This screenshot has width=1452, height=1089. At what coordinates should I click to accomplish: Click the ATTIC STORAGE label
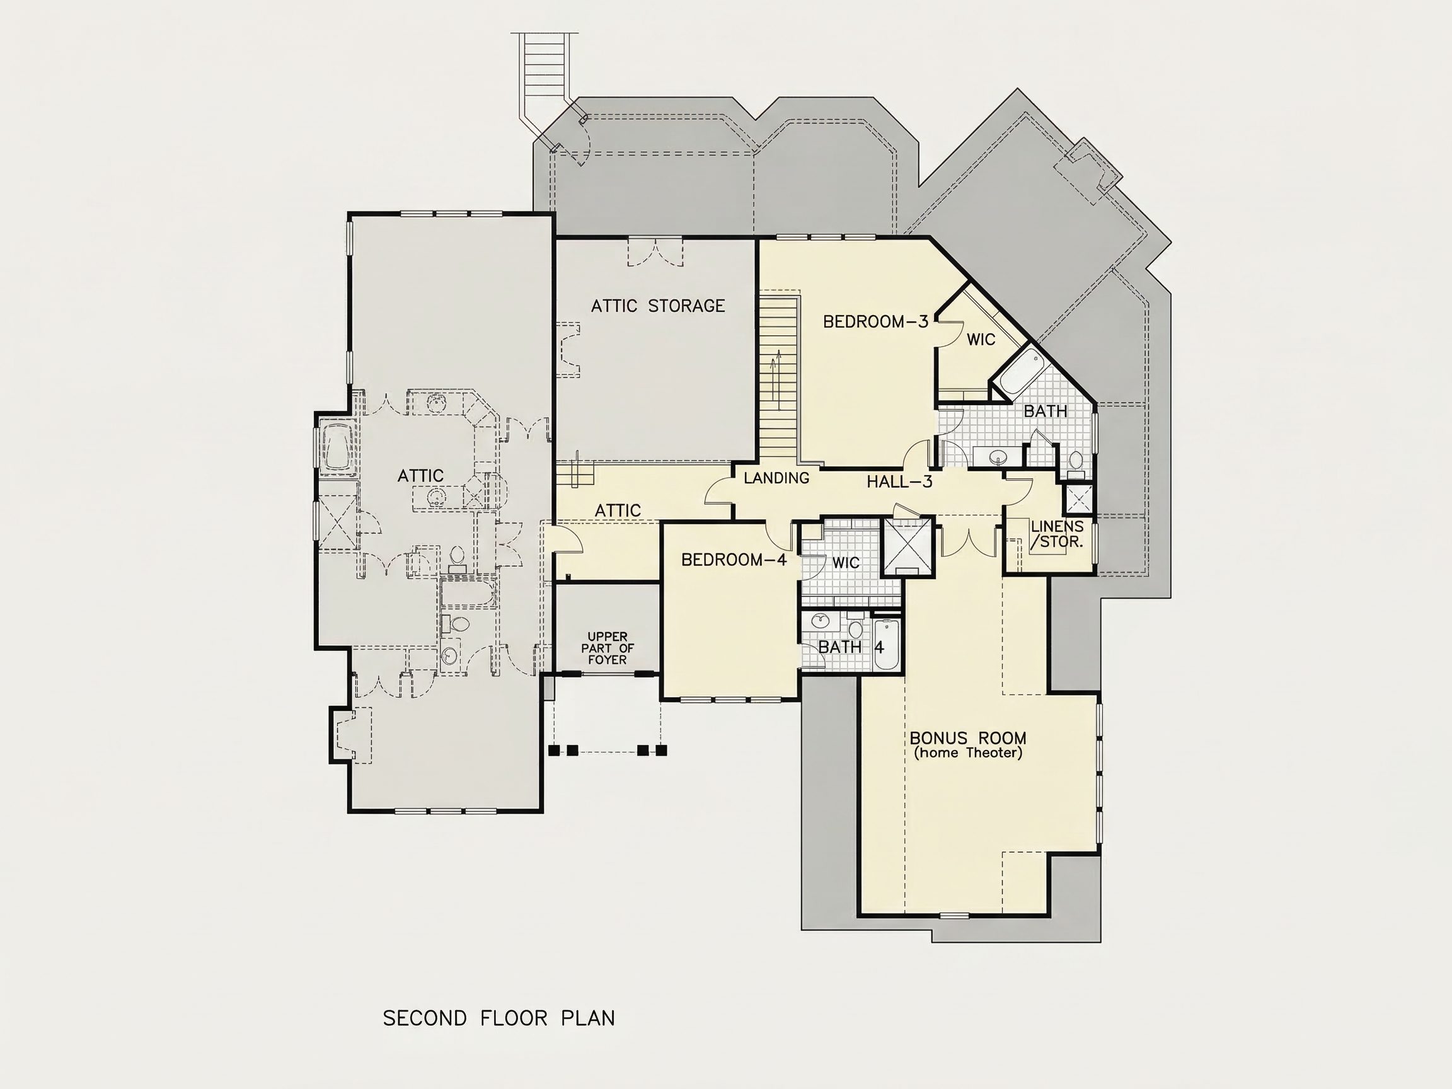(x=658, y=306)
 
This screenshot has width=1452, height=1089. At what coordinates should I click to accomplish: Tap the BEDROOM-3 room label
(x=875, y=321)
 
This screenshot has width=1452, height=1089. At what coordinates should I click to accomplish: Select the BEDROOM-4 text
(x=734, y=560)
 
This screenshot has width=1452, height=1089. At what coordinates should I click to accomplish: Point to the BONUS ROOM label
(x=968, y=738)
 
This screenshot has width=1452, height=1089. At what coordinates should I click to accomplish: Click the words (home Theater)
(x=968, y=753)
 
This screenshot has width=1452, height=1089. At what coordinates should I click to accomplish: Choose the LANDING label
(x=776, y=478)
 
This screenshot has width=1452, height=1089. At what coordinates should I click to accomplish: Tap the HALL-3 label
(x=899, y=482)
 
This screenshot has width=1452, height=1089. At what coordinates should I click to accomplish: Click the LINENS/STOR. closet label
(x=1057, y=534)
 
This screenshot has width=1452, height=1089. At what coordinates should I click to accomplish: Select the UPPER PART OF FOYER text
(x=607, y=648)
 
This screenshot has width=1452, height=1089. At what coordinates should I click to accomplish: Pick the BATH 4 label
(x=851, y=647)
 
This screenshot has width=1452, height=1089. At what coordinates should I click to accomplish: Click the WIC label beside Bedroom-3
(x=981, y=340)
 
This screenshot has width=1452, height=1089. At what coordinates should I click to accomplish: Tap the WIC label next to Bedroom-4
(x=846, y=563)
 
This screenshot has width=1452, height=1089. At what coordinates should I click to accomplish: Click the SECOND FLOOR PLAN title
(x=499, y=1018)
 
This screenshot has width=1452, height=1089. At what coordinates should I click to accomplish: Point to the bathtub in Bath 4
(x=886, y=644)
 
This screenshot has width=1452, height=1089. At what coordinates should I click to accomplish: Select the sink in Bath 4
(x=821, y=619)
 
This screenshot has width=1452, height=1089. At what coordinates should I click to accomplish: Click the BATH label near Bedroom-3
(x=1045, y=412)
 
